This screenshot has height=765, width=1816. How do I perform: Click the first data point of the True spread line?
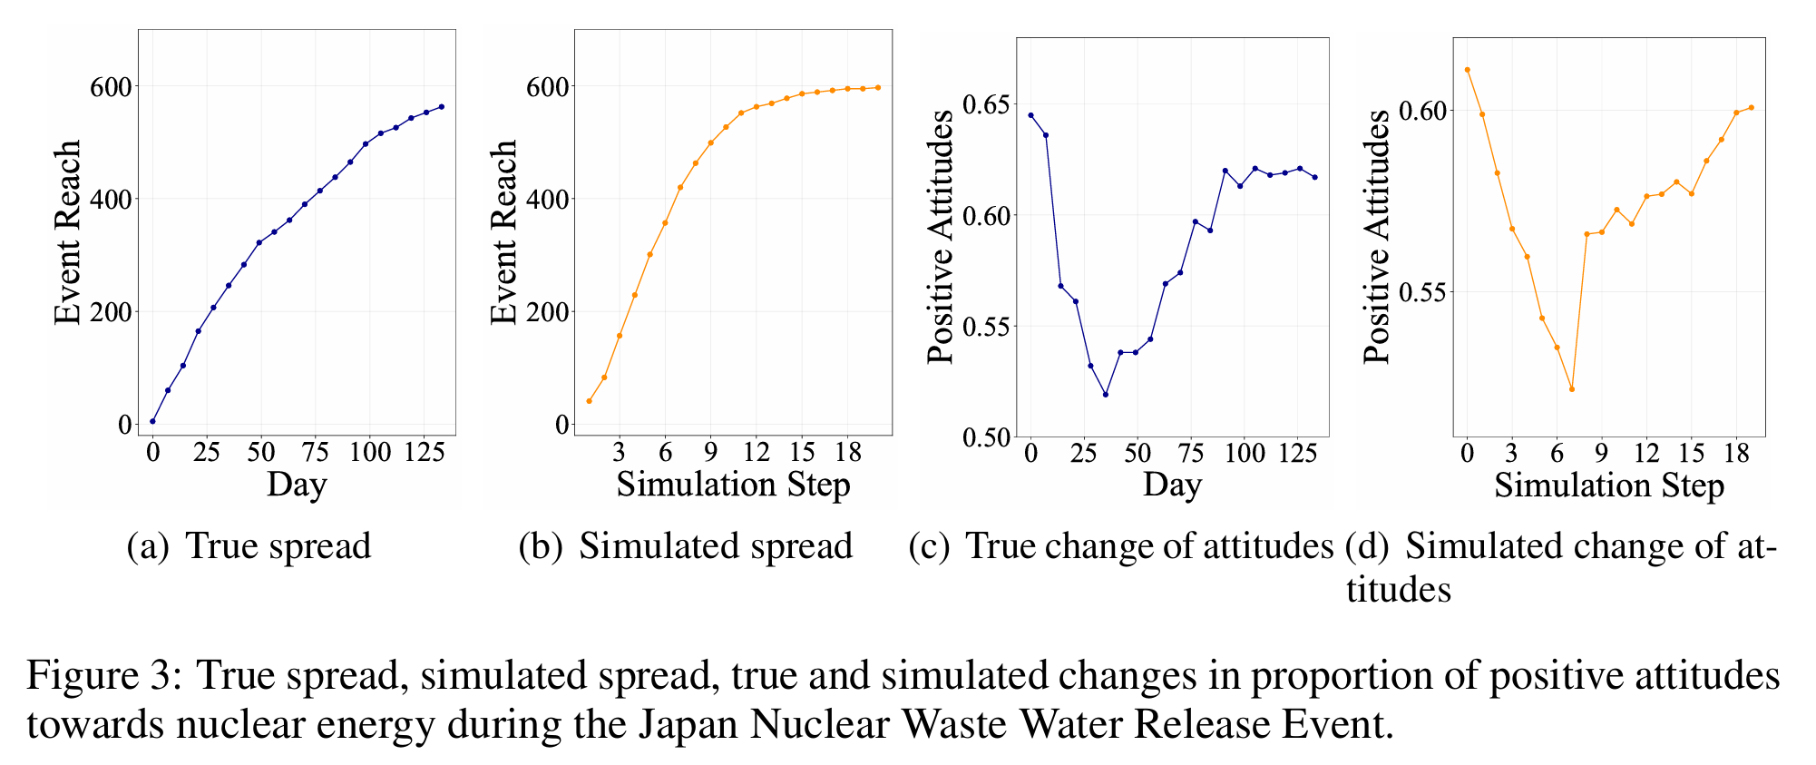pos(152,421)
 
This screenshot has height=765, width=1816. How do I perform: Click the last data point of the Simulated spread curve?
pos(877,87)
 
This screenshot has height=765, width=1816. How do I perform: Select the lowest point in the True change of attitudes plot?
pos(1106,394)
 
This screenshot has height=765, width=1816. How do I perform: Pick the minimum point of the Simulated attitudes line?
pos(1571,389)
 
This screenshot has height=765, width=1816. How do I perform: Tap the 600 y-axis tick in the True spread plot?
pos(111,86)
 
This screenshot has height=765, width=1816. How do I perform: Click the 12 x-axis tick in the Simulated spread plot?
pos(756,451)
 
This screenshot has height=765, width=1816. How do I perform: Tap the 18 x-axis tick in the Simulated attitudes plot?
pos(1735,451)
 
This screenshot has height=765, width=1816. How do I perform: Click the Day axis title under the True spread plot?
pos(297,485)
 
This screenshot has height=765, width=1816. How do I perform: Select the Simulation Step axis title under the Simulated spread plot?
pos(733,485)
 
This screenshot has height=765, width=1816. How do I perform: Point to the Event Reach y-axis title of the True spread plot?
pos(68,232)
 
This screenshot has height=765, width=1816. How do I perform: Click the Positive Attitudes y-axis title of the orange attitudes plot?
pos(1377,238)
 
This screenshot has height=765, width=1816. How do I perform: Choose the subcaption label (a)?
pos(148,546)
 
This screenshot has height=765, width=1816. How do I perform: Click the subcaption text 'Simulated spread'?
pos(716,546)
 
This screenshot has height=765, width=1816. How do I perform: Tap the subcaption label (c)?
pos(929,546)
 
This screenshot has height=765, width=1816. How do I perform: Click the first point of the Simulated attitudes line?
pos(1467,70)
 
